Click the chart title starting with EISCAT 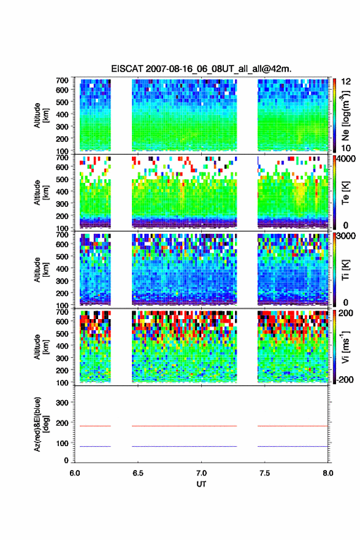[x=201, y=69]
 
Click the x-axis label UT [x=201, y=484]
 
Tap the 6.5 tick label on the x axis [x=137, y=473]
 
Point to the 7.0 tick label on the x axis [x=201, y=473]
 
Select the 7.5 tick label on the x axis [x=264, y=473]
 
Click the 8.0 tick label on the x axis [x=328, y=473]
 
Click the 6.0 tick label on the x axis [x=75, y=473]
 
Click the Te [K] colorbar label [x=345, y=193]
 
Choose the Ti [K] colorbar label [x=345, y=269]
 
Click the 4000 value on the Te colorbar [x=346, y=159]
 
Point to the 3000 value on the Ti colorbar [x=346, y=236]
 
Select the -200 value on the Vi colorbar [x=343, y=379]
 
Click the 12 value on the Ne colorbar [x=347, y=82]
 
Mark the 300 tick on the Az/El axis [x=62, y=403]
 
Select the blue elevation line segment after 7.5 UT [x=293, y=446]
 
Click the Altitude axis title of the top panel [x=41, y=115]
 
